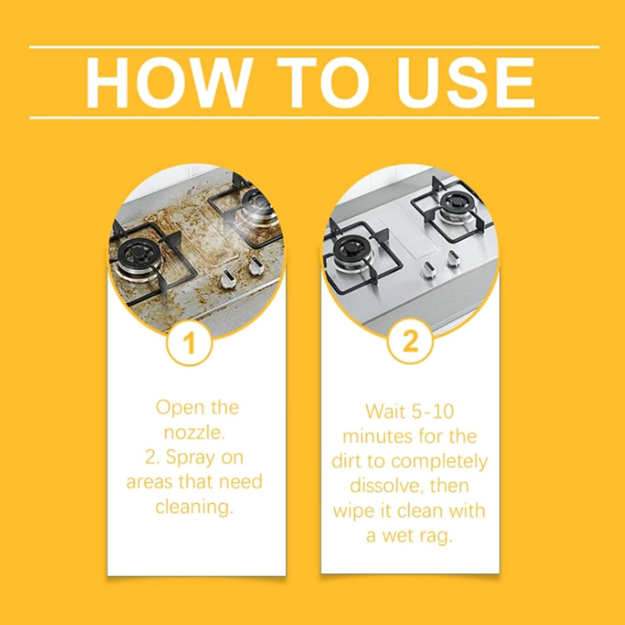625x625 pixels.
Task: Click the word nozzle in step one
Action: click(x=195, y=432)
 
